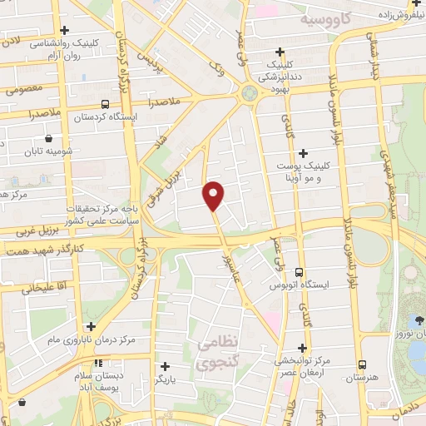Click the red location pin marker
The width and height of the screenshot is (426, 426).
click(214, 195)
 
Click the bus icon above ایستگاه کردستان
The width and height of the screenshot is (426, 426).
click(105, 104)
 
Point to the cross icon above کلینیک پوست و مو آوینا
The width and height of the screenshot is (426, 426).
click(303, 152)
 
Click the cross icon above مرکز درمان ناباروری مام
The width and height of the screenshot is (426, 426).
click(90, 326)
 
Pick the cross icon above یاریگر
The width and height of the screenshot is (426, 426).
click(165, 365)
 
